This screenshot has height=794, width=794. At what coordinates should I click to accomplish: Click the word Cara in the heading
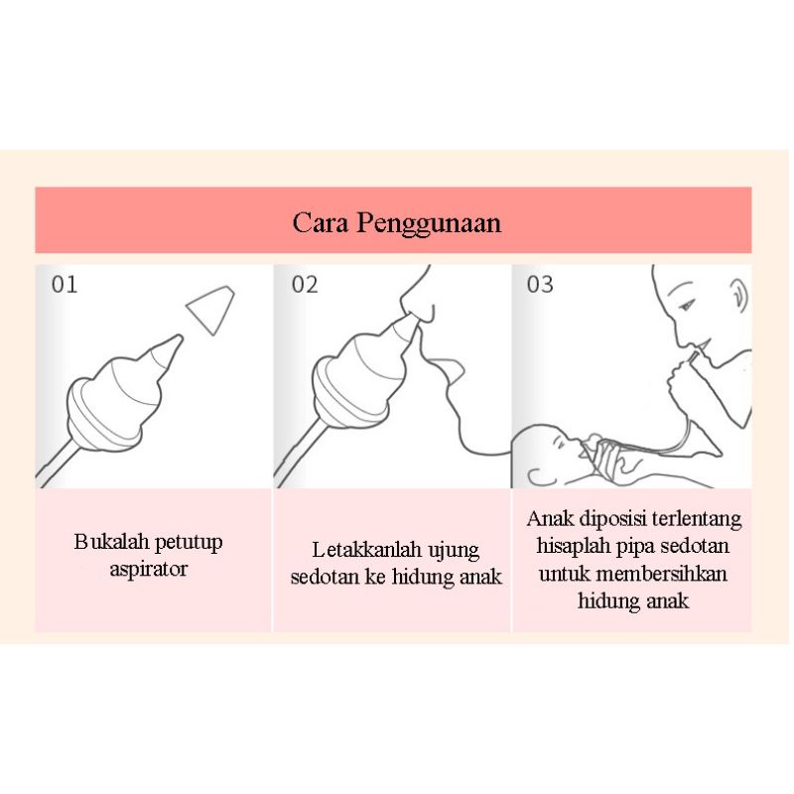tap(320, 222)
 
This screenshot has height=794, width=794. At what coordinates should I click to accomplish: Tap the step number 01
tap(65, 285)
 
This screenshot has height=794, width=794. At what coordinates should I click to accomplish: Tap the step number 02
tap(305, 285)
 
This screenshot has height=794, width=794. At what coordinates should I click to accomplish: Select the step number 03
tap(540, 285)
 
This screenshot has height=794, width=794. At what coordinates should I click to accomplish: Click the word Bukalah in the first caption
tap(111, 541)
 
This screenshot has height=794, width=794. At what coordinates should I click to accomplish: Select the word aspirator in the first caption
tap(148, 570)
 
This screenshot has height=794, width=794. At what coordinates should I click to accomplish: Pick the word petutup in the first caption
tap(189, 543)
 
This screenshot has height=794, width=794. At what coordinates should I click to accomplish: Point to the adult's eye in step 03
tap(687, 306)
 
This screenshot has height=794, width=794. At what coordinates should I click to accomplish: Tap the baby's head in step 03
tap(543, 450)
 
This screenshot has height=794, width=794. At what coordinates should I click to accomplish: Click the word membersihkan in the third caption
tap(662, 575)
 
